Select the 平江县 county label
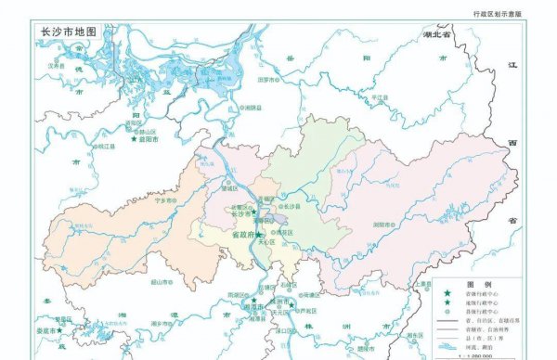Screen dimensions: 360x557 click(x=379, y=96)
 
